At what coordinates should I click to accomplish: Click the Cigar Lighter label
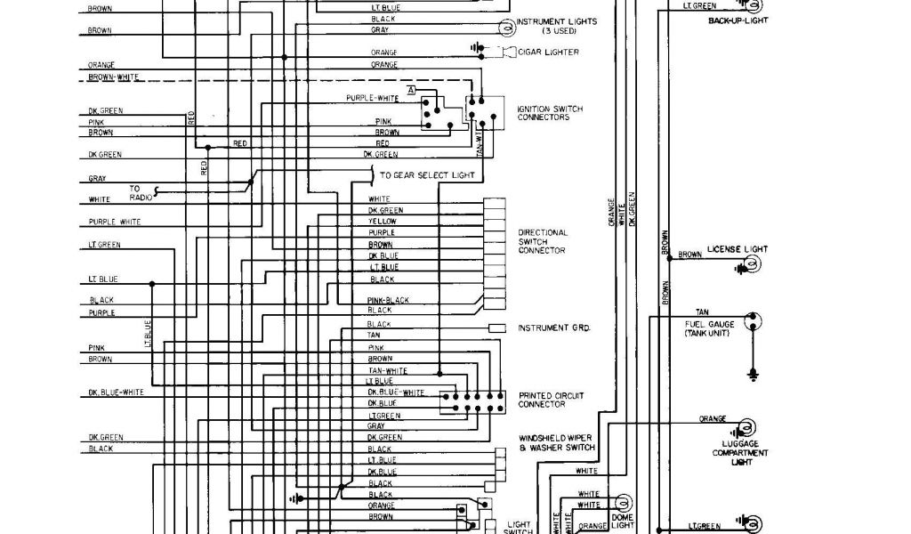(x=548, y=53)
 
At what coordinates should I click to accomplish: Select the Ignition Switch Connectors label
(x=550, y=113)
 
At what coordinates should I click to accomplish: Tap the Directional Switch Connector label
(x=542, y=241)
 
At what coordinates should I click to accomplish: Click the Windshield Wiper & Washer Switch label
(x=556, y=442)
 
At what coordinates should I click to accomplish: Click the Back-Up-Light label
(x=738, y=20)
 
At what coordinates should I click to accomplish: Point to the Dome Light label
(x=622, y=522)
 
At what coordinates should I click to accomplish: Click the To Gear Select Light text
(x=427, y=175)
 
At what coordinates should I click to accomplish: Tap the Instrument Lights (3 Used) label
(x=556, y=26)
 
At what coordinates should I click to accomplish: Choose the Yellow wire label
(x=383, y=222)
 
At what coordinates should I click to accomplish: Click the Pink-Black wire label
(x=388, y=300)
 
